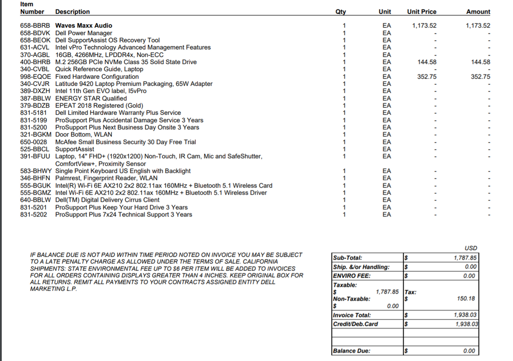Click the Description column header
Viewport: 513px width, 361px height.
tap(72, 12)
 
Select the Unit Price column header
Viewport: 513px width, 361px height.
tap(421, 12)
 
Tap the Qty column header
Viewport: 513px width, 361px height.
tap(341, 12)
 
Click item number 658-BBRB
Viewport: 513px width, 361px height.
tap(35, 26)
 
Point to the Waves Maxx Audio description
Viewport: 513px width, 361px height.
tap(83, 26)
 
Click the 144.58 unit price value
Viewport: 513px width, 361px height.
tap(427, 62)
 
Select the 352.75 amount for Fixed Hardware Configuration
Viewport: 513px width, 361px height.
tap(480, 77)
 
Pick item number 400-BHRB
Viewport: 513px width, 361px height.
tap(35, 62)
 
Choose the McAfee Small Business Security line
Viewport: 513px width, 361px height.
tap(125, 142)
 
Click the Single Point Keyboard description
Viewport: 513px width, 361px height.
tap(123, 171)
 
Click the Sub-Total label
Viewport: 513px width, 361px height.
tap(347, 258)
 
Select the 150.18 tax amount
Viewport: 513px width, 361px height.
tap(466, 298)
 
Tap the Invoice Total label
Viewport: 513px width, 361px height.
tap(352, 315)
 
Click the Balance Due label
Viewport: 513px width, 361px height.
tap(351, 351)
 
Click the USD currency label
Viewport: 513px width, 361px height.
tap(471, 248)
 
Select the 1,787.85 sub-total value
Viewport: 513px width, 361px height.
tap(465, 258)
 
